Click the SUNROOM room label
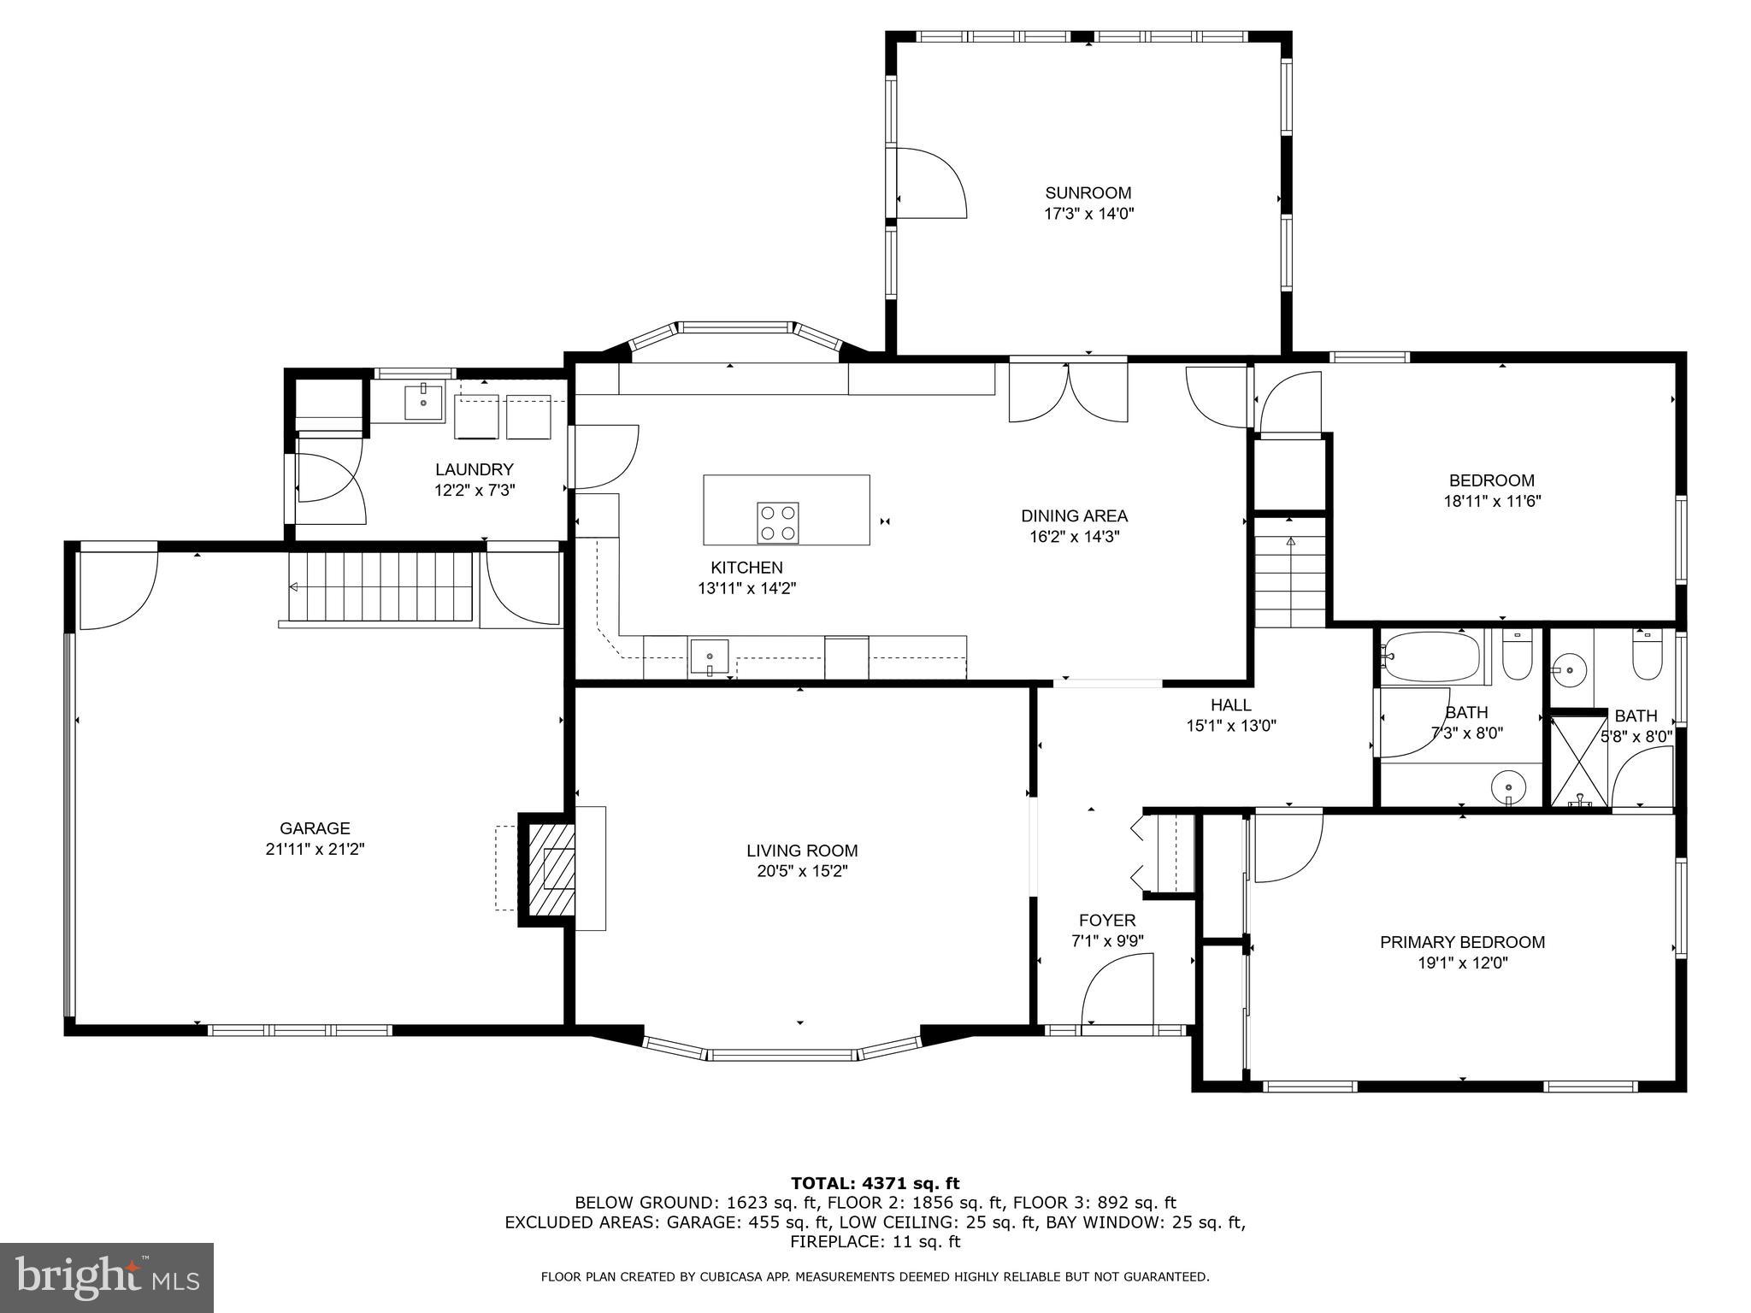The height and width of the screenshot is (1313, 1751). click(x=1088, y=193)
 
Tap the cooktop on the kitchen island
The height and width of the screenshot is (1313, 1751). click(x=777, y=522)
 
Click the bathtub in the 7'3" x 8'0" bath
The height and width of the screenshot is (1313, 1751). click(x=1430, y=656)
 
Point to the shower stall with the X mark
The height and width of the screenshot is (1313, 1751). click(x=1579, y=762)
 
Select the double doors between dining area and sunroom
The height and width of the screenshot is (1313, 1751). click(x=1068, y=392)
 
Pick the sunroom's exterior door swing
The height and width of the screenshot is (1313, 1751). click(x=930, y=183)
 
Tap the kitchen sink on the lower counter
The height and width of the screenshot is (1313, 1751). click(x=710, y=656)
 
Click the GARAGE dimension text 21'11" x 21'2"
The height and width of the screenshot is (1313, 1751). click(x=315, y=850)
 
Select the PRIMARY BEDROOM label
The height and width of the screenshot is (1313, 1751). click(x=1462, y=942)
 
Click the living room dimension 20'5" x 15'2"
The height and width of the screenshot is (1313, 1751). click(x=801, y=872)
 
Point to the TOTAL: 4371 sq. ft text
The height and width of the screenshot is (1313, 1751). click(x=875, y=1184)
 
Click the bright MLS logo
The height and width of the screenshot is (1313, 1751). click(x=107, y=1277)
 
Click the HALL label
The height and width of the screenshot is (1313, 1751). click(x=1230, y=705)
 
